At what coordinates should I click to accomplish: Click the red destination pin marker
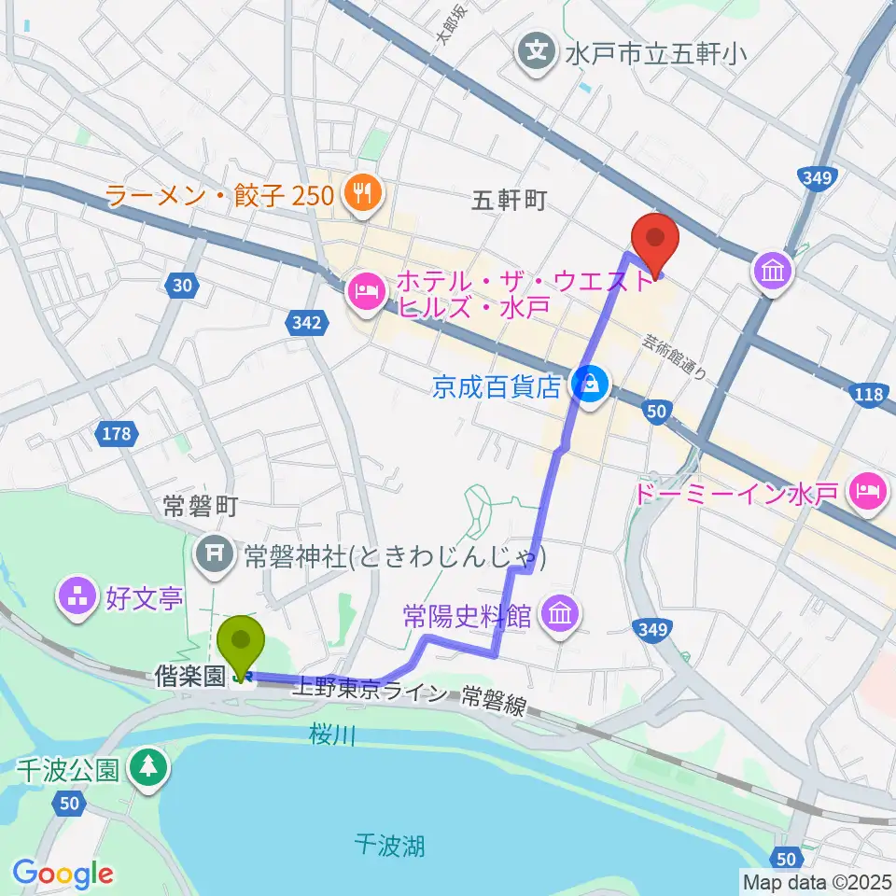coord(655,240)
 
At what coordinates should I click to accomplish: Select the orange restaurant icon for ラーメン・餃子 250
coord(359,195)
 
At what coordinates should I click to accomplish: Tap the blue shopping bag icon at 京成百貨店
coord(589,382)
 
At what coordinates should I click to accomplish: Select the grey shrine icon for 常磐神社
coord(216,557)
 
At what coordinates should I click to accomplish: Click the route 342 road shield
coord(309,324)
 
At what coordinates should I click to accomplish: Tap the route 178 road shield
coord(117,432)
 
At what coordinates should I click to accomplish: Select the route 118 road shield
coord(868,395)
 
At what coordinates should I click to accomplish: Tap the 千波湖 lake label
coord(391,846)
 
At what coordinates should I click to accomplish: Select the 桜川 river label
coord(333,736)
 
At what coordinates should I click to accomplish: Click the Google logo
coord(63,874)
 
